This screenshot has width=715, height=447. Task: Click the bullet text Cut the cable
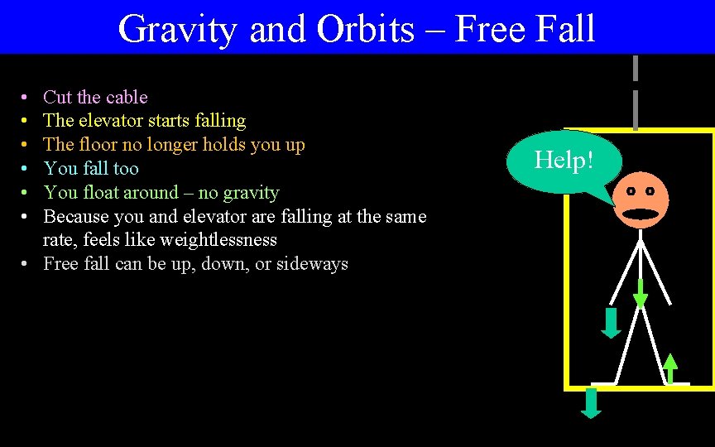[x=95, y=97]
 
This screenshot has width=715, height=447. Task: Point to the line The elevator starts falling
[x=144, y=121]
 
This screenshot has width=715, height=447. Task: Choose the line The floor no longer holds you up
[x=174, y=145]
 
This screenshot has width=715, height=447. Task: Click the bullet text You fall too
[x=91, y=169]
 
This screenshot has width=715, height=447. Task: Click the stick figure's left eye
[x=631, y=191]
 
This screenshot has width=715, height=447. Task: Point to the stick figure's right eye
[x=650, y=191]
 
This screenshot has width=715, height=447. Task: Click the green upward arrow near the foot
[x=670, y=368]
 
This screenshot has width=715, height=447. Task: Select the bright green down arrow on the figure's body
[x=640, y=294]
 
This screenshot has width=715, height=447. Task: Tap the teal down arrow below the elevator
[x=591, y=402]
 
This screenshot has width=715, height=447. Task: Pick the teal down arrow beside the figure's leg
[x=611, y=323]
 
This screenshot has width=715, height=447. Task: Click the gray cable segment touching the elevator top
[x=635, y=110]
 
